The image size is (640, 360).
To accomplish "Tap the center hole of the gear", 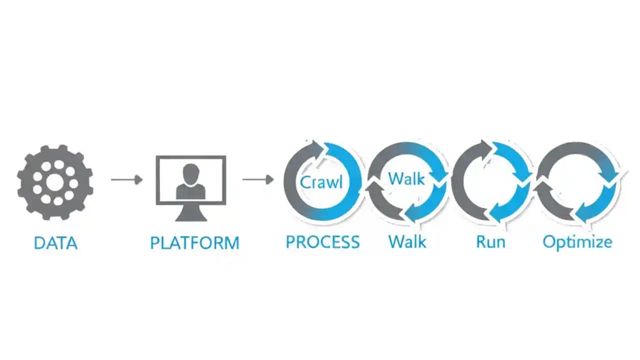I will tap(54, 183).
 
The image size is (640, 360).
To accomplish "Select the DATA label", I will tap(55, 243).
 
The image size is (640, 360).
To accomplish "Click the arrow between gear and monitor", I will tap(126, 179).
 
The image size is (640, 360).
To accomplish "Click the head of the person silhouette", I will tap(190, 173).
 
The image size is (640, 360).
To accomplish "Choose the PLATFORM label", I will tap(194, 243).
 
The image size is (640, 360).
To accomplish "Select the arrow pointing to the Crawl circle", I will tap(257, 179).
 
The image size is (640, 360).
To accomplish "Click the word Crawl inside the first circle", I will tap(321, 182).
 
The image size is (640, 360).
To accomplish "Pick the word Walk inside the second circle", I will tap(406, 178).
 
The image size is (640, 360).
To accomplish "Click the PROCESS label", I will tap(322, 242).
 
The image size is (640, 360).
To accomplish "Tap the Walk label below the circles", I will tap(407, 242).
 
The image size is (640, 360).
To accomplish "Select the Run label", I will tap(490, 242).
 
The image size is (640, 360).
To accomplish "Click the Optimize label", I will tap(577, 242).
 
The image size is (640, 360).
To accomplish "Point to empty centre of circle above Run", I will tap(491, 182).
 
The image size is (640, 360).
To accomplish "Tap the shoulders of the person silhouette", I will tap(190, 191).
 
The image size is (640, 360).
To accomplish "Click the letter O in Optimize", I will tap(550, 242).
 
